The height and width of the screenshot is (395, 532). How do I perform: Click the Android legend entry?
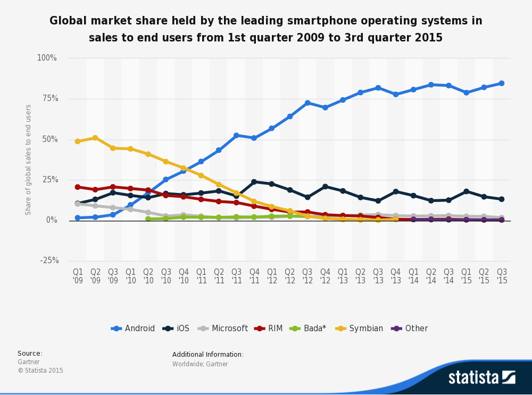133,329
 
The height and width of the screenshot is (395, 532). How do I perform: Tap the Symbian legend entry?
360,329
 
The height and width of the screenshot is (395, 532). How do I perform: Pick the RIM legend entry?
269,329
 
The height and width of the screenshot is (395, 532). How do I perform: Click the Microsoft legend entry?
223,329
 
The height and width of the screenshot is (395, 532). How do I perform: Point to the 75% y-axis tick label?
47,98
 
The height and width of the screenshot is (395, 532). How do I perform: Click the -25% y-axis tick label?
49,260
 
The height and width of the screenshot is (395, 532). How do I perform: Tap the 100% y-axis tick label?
46,58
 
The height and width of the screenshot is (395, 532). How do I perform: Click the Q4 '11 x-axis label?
254,276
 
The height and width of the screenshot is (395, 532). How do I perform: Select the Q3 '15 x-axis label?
501,276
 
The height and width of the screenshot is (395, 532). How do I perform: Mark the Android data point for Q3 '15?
501,83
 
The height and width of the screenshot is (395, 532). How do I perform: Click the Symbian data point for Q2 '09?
95,138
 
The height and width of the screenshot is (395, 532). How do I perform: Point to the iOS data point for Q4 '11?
254,182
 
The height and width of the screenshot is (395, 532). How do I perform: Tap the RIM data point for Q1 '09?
78,187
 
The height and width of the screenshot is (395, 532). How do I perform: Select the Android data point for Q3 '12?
307,103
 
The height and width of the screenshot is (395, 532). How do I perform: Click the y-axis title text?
29,159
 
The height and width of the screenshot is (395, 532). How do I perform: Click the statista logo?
481,377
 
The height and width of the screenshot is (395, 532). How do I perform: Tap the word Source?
30,354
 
